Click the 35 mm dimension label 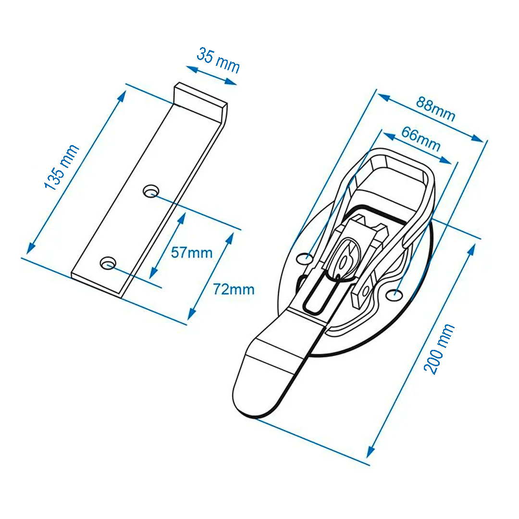[x=218, y=60]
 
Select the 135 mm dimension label [x=62, y=167]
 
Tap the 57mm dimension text [x=192, y=253]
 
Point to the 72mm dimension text [x=234, y=289]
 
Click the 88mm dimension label [x=435, y=109]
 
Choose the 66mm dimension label [x=421, y=139]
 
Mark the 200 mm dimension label [x=439, y=349]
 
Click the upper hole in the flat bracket [x=150, y=191]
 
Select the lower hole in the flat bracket [x=108, y=263]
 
